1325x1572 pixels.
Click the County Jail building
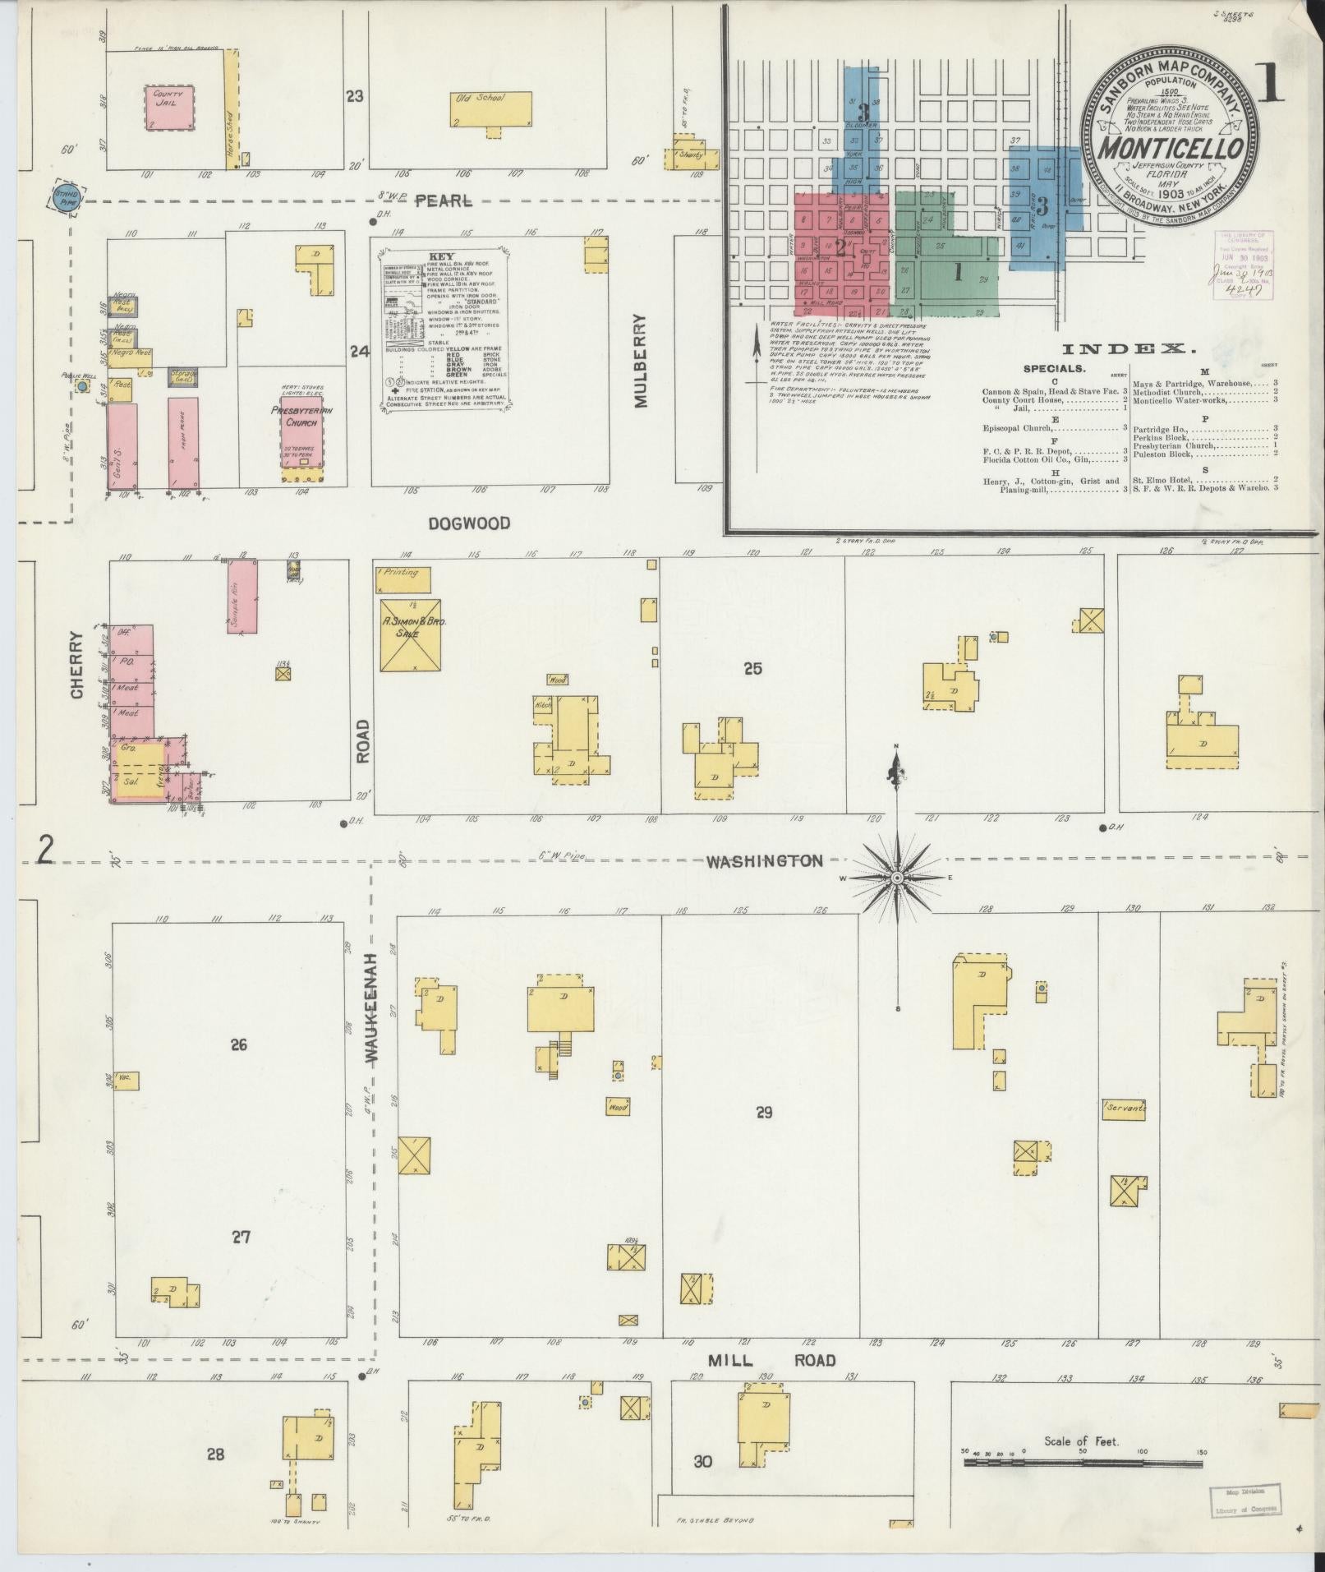(x=170, y=107)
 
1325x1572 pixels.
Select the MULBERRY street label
(x=642, y=361)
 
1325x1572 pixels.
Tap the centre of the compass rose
(x=897, y=878)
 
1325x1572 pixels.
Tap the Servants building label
(x=1125, y=1109)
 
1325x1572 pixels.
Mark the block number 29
(x=765, y=1113)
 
